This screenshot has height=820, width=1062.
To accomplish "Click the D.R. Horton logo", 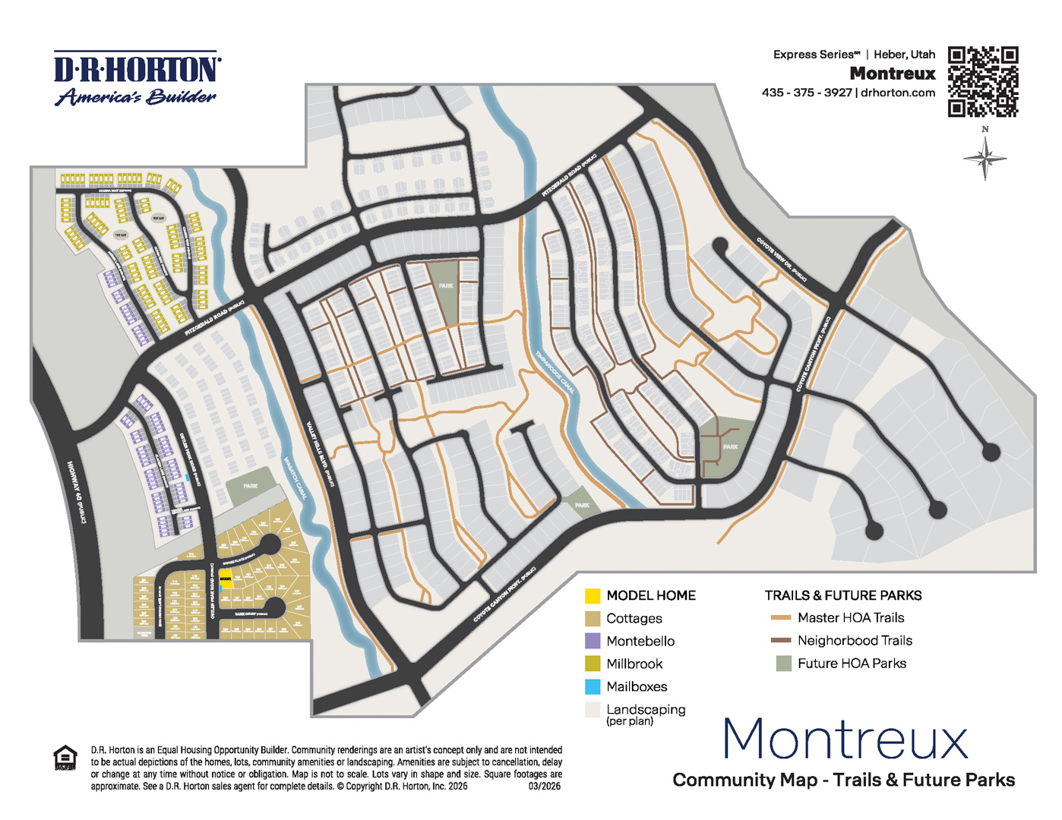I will pyautogui.click(x=137, y=78).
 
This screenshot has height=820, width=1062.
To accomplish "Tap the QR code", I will pyautogui.click(x=982, y=81).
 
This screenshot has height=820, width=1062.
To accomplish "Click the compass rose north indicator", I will pyautogui.click(x=985, y=156).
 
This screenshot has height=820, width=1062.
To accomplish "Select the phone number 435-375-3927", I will pyautogui.click(x=806, y=93).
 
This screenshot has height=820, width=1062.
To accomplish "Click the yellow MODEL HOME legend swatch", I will pyautogui.click(x=593, y=596).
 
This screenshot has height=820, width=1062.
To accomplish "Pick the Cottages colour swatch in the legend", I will pyautogui.click(x=593, y=619).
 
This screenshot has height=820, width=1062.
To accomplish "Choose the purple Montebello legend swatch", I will pyautogui.click(x=593, y=642).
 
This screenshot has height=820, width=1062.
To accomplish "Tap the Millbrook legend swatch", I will pyautogui.click(x=593, y=664).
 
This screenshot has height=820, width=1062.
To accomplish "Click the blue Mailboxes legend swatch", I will pyautogui.click(x=593, y=687).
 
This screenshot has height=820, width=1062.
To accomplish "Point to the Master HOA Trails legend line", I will pyautogui.click(x=780, y=618).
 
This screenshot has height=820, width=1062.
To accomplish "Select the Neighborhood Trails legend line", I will pyautogui.click(x=780, y=641).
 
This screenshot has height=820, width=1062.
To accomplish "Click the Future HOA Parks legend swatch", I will pyautogui.click(x=783, y=664).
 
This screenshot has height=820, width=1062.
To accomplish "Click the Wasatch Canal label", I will pyautogui.click(x=294, y=478).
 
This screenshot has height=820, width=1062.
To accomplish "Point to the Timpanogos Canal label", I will pyautogui.click(x=555, y=372).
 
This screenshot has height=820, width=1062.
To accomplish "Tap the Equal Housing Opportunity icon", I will pyautogui.click(x=65, y=758).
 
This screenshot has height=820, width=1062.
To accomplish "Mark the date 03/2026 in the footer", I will pyautogui.click(x=544, y=786).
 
